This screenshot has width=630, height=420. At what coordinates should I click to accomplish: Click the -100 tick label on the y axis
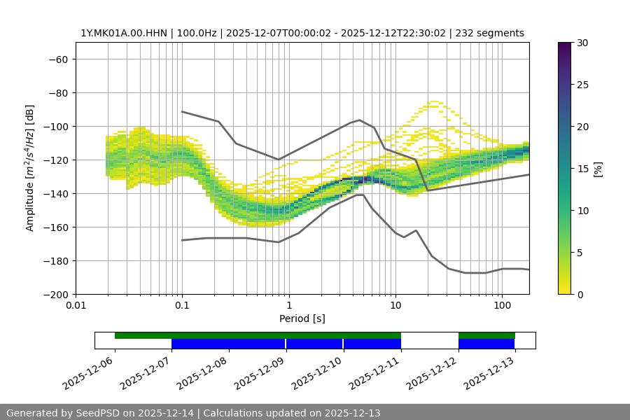[x=56, y=127]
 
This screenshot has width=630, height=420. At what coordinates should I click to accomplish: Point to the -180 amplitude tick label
[x=56, y=261]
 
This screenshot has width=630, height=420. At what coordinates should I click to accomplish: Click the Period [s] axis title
[x=302, y=319]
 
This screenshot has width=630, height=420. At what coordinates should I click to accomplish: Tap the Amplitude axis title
[x=30, y=169]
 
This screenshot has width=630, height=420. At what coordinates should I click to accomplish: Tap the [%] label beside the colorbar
[x=598, y=169]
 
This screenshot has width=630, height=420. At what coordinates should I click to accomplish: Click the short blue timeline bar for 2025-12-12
[x=486, y=344]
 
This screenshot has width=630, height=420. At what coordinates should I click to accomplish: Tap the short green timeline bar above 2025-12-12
[x=486, y=335]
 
